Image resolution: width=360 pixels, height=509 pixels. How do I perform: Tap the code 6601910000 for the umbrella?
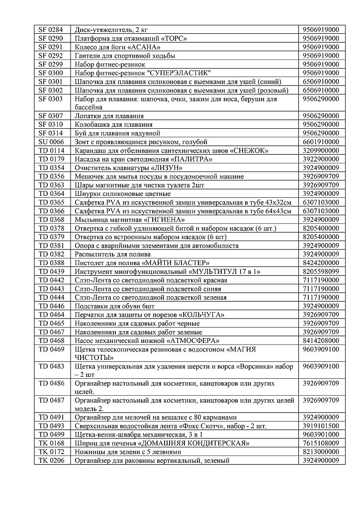pos(324,142)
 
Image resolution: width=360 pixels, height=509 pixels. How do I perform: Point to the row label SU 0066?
pos(51,142)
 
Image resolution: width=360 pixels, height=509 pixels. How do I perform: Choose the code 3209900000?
pos(324,151)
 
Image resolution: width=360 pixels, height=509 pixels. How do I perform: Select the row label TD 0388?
pos(51,262)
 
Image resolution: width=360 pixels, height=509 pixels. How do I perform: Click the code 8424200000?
pos(324,262)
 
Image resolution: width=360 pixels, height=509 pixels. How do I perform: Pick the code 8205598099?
pos(324,271)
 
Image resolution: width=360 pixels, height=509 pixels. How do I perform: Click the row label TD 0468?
pos(51,340)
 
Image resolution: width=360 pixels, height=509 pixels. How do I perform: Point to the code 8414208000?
pos(324,340)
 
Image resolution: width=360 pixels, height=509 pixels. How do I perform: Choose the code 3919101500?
pos(324,426)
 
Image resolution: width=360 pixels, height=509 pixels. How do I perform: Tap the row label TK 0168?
pos(51,443)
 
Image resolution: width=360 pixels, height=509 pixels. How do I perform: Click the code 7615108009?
pos(324,443)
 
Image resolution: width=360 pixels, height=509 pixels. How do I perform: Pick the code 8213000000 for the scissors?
pos(324,452)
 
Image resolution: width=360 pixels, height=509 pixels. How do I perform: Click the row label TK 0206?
pos(51,461)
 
